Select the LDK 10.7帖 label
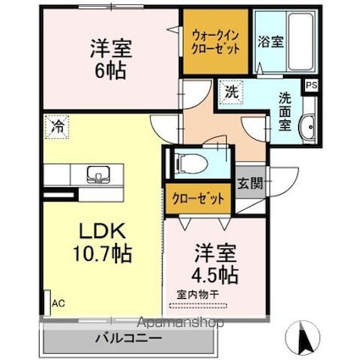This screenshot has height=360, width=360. (103, 242)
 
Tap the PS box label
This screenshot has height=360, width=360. (311, 86)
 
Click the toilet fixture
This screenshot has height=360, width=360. (189, 161)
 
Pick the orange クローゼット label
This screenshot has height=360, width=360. (199, 199)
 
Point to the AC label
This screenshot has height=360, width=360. (58, 302)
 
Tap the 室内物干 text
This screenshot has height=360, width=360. (197, 294)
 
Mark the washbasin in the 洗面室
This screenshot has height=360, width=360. (307, 125)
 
